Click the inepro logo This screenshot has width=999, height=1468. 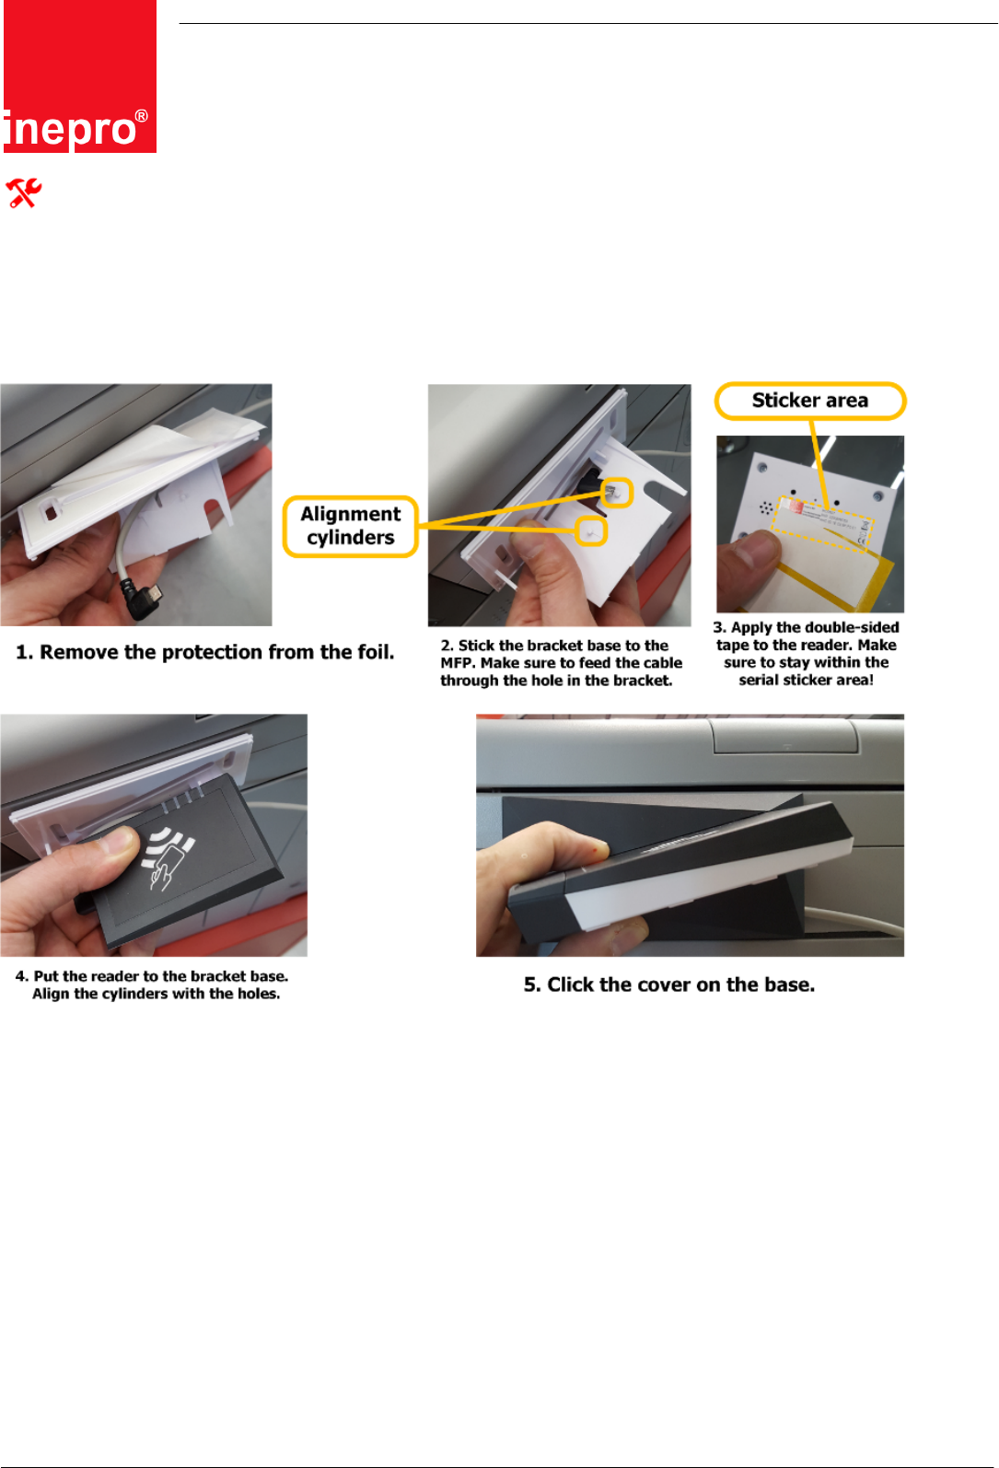pyautogui.click(x=80, y=76)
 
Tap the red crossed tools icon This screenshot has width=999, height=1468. pyautogui.click(x=24, y=192)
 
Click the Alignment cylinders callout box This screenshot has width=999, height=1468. pyautogui.click(x=351, y=526)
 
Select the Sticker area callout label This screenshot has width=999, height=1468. pyautogui.click(x=809, y=401)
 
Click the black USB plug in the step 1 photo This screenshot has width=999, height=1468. pyautogui.click(x=145, y=599)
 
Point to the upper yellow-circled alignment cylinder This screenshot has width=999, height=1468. pyautogui.click(x=616, y=493)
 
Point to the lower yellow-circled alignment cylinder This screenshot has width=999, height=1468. pyautogui.click(x=591, y=530)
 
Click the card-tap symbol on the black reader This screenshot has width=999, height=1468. pyautogui.click(x=168, y=856)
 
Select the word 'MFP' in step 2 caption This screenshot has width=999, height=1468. pyautogui.click(x=458, y=663)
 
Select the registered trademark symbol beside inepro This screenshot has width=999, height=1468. pyautogui.click(x=142, y=117)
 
